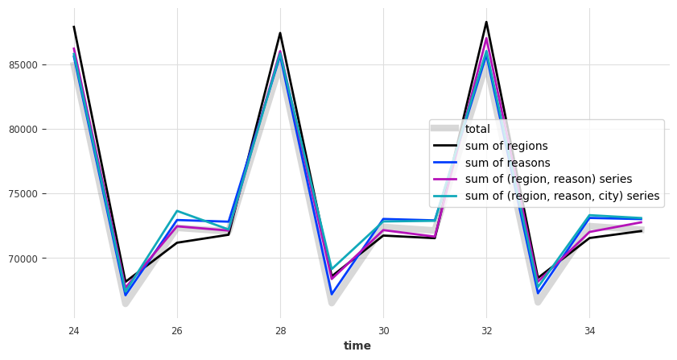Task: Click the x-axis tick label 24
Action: [74, 330]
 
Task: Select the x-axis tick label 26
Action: [177, 330]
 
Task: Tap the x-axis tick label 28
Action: [280, 330]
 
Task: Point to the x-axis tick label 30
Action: [383, 330]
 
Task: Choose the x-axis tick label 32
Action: [486, 330]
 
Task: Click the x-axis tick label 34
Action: [589, 330]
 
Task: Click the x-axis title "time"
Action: [357, 346]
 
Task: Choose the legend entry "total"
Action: [477, 129]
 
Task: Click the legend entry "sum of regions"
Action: [506, 146]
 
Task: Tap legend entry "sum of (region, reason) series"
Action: [548, 179]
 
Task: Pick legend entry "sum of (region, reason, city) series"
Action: [562, 196]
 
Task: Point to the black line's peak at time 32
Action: [486, 22]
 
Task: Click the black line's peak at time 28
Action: [280, 33]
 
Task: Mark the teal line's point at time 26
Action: [177, 211]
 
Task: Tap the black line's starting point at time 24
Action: [74, 27]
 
